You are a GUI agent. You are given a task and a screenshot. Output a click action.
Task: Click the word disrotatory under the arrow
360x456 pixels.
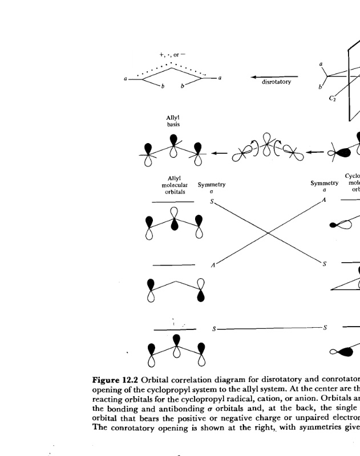point(276,82)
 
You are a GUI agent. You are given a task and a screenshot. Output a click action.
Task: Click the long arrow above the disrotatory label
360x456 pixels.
point(274,76)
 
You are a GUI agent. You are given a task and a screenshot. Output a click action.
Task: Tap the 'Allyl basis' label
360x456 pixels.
point(173,120)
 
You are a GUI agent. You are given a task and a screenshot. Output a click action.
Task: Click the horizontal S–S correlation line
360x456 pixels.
point(268,328)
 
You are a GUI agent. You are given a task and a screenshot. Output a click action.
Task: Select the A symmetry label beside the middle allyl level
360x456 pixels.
point(212,265)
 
